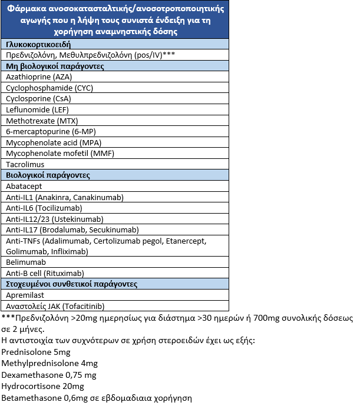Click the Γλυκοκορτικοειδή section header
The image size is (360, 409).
click(39, 44)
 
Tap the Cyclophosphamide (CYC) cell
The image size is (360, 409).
click(49, 88)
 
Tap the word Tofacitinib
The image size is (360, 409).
click(80, 306)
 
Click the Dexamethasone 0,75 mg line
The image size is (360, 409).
click(49, 375)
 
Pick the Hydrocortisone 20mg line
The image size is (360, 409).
click(43, 387)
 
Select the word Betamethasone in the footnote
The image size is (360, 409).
click(28, 398)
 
